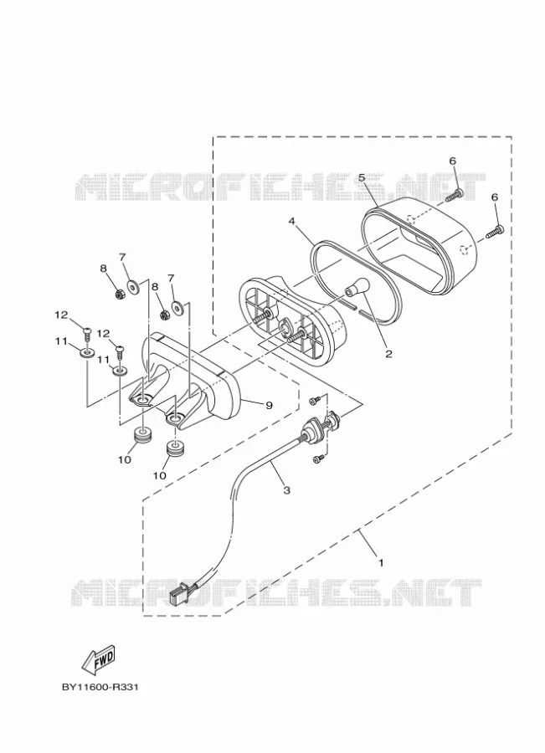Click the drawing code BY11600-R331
(x=100, y=687)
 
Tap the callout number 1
(x=381, y=562)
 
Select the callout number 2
(x=388, y=355)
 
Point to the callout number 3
(x=287, y=490)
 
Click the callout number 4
(x=291, y=222)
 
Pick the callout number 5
(x=362, y=177)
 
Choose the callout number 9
(x=269, y=405)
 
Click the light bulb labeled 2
(x=357, y=287)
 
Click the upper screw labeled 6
(x=454, y=195)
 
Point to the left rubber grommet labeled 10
(x=141, y=435)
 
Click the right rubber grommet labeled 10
(x=176, y=450)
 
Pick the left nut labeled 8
(x=121, y=294)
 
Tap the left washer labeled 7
(x=133, y=286)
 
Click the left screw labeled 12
(x=88, y=334)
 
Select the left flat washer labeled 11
(x=87, y=354)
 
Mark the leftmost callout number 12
(x=61, y=315)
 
